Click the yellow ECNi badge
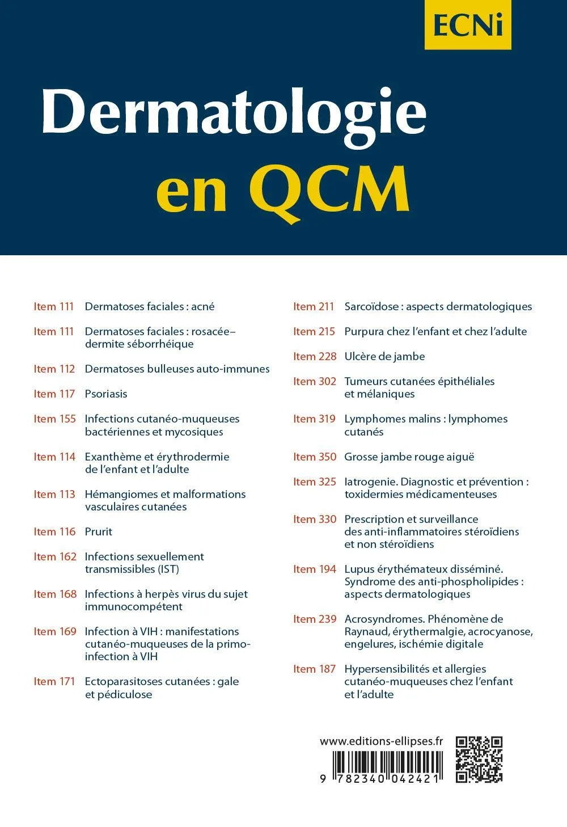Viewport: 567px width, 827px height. pyautogui.click(x=468, y=24)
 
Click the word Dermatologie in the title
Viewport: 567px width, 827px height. pyautogui.click(x=234, y=112)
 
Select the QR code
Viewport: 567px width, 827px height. pyautogui.click(x=479, y=759)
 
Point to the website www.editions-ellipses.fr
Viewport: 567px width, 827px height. pyautogui.click(x=381, y=741)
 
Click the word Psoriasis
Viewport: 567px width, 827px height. pyautogui.click(x=106, y=394)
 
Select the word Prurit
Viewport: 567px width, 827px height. pyautogui.click(x=99, y=531)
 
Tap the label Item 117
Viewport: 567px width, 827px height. pyautogui.click(x=54, y=394)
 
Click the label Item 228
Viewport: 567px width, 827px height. pyautogui.click(x=315, y=356)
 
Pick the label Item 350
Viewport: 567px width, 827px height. pyautogui.click(x=315, y=457)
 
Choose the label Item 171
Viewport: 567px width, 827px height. pyautogui.click(x=54, y=681)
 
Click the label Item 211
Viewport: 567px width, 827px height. pyautogui.click(x=314, y=306)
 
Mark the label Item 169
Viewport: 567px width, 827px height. pyautogui.click(x=54, y=631)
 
